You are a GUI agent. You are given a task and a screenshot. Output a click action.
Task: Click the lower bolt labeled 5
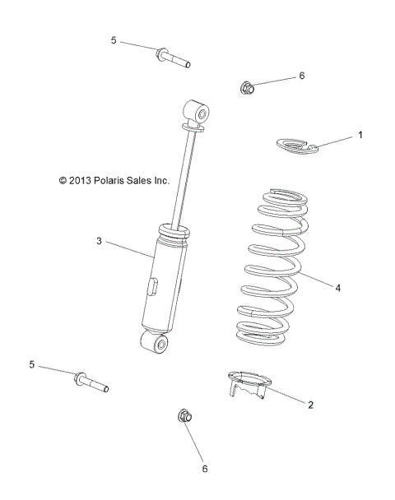click(x=91, y=382)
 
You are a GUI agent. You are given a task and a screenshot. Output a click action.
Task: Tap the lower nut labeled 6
click(x=185, y=417)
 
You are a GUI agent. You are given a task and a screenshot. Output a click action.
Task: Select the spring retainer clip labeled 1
click(x=295, y=146)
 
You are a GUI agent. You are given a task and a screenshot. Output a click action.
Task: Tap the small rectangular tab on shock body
click(x=152, y=287)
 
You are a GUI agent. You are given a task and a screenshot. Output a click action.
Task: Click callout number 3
click(x=99, y=241)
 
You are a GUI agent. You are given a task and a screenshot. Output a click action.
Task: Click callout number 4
click(x=337, y=288)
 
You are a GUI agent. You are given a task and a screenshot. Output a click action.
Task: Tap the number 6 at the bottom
click(x=205, y=469)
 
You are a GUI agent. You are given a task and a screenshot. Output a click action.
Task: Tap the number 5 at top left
click(x=114, y=39)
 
